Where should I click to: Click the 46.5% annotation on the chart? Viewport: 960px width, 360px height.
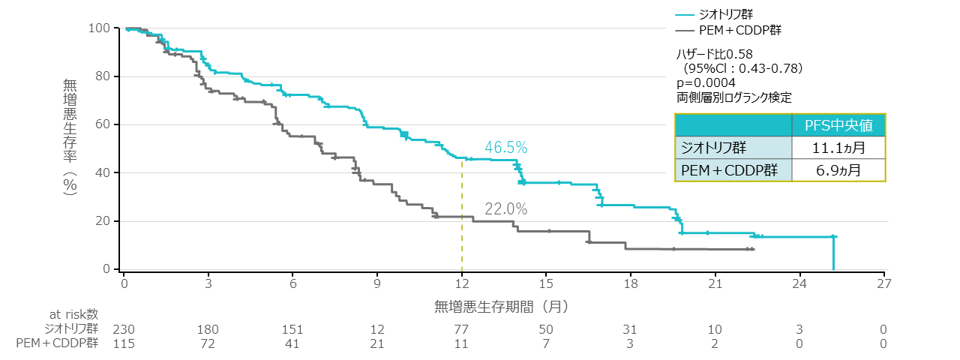pyautogui.click(x=505, y=147)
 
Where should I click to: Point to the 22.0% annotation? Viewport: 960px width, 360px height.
pyautogui.click(x=505, y=210)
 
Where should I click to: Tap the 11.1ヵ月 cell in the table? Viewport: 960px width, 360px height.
pyautogui.click(x=839, y=147)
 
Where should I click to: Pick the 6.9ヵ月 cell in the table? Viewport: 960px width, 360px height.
pyautogui.click(x=839, y=170)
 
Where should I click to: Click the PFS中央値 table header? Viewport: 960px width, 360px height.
pyautogui.click(x=839, y=124)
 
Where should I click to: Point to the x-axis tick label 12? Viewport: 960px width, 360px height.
pyautogui.click(x=461, y=283)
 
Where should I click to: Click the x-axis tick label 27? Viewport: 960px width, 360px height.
pyautogui.click(x=884, y=283)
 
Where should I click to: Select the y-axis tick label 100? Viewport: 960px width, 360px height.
pyautogui.click(x=100, y=28)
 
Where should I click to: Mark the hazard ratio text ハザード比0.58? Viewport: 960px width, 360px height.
pyautogui.click(x=715, y=54)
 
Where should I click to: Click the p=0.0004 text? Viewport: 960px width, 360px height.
pyautogui.click(x=706, y=82)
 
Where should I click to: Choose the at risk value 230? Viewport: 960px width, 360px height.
pyautogui.click(x=124, y=329)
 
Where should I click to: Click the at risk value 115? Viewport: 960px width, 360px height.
pyautogui.click(x=124, y=343)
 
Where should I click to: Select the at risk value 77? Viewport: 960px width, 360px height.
pyautogui.click(x=461, y=329)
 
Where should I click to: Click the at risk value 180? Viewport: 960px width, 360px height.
pyautogui.click(x=208, y=329)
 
